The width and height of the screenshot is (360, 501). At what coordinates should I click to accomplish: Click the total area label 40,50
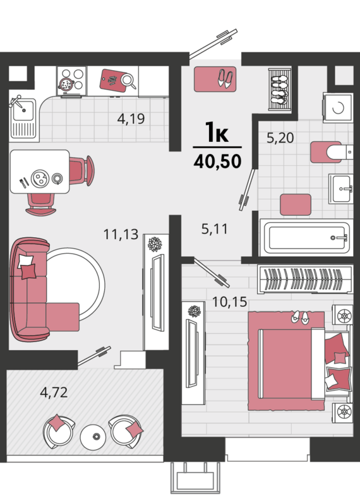click(217, 162)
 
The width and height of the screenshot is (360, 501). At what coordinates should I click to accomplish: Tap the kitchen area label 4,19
click(131, 119)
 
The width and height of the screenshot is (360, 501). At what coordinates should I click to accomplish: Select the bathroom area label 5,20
click(280, 138)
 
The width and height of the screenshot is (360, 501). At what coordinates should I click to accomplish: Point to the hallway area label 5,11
click(215, 229)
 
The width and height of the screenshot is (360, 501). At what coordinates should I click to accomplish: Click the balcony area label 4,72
click(54, 392)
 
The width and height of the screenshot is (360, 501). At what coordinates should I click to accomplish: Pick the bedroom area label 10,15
click(230, 302)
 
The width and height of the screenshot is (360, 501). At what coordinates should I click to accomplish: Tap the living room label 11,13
click(121, 234)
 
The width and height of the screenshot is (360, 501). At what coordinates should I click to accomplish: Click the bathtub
click(306, 237)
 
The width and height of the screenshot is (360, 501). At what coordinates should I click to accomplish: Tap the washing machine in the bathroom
click(338, 108)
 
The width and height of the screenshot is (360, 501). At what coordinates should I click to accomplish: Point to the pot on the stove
click(66, 85)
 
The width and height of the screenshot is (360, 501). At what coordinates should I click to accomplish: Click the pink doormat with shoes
click(215, 79)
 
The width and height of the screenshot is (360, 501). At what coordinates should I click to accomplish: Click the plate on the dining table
click(40, 178)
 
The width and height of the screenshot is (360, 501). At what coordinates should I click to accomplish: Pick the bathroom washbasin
click(341, 189)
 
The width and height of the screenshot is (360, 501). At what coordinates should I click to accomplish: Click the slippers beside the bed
click(300, 317)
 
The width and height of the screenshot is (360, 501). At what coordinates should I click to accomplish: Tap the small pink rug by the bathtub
click(296, 204)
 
